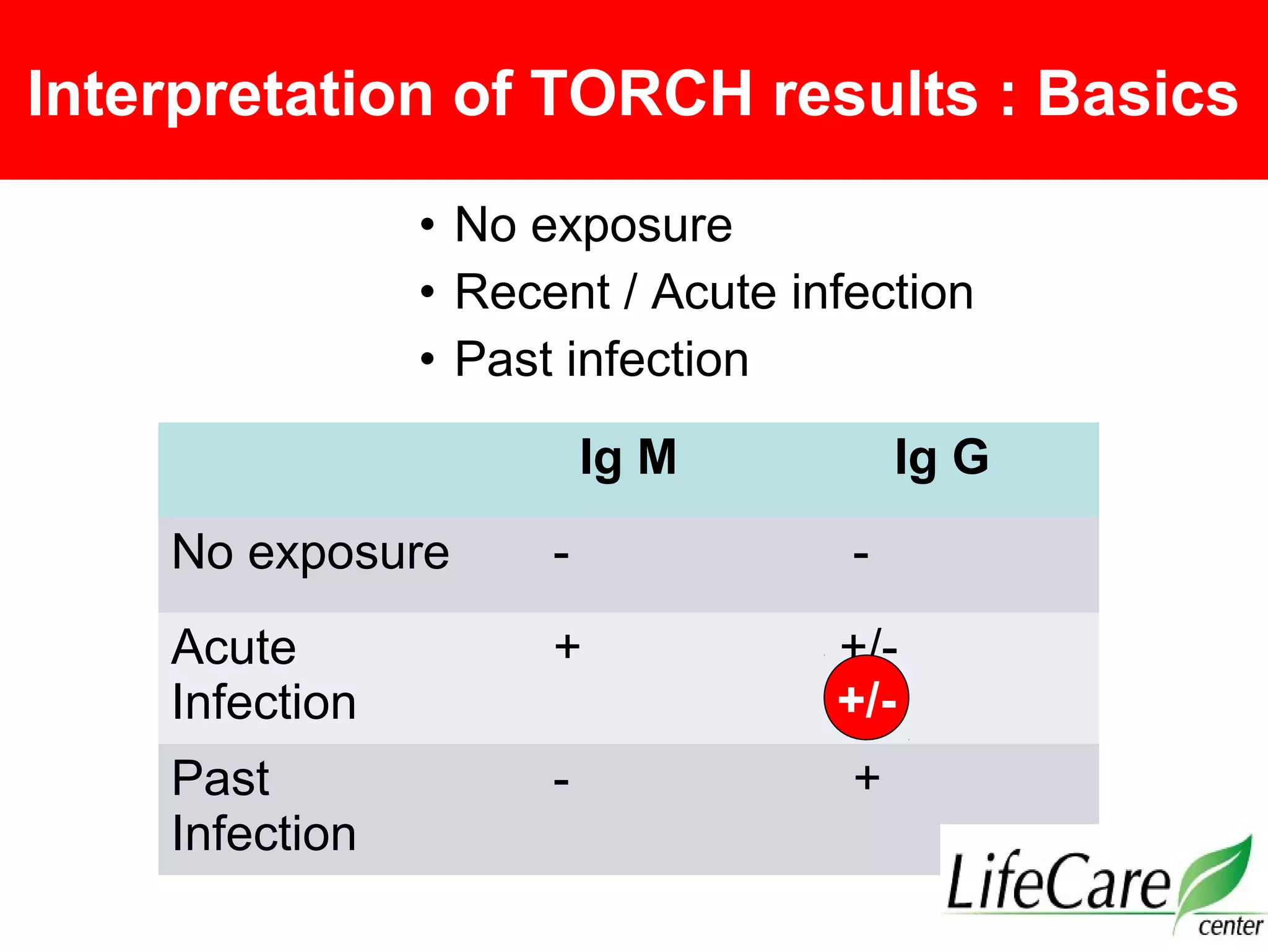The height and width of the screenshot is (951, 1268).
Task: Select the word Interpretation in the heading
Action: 230,94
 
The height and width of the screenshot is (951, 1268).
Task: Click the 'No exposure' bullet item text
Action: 593,225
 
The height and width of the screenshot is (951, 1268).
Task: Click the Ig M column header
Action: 628,458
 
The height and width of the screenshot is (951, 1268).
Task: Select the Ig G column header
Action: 942,458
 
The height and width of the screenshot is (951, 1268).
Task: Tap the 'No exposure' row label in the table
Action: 310,552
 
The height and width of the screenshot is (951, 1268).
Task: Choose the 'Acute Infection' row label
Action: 263,675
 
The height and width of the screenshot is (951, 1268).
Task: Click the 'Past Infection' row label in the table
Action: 263,806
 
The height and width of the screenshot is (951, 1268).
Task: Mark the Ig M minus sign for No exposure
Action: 561,555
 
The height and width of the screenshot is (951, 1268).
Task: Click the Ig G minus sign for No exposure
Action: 861,555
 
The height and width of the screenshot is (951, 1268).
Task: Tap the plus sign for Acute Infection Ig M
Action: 567,648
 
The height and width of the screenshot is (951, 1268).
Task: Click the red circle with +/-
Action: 866,698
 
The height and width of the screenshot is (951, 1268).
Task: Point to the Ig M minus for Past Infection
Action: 561,781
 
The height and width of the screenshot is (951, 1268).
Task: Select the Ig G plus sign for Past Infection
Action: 867,778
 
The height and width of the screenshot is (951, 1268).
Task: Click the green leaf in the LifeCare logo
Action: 1217,873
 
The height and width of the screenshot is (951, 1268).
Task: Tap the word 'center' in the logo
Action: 1230,926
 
